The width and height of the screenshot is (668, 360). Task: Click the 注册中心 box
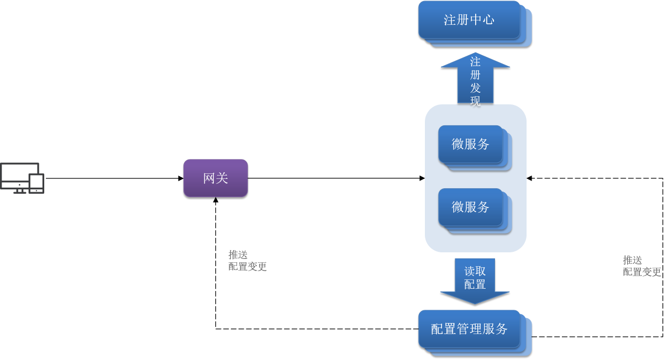[x=469, y=20]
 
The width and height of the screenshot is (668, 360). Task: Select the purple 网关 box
[x=215, y=178]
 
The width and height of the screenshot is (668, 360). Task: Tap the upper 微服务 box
[x=470, y=144]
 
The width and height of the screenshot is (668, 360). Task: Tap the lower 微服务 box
[x=470, y=207]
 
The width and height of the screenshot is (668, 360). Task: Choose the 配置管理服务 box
[x=469, y=329]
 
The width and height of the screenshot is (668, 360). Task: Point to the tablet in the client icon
[x=37, y=183]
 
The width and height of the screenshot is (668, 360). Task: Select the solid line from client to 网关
[x=111, y=178]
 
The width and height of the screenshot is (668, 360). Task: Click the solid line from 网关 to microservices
[x=332, y=178]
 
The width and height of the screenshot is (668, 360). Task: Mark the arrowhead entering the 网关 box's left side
[x=180, y=178]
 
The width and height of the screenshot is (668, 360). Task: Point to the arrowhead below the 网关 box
[x=215, y=201]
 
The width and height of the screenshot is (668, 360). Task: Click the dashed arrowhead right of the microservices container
[x=529, y=178]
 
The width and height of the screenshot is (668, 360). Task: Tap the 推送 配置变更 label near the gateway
[x=247, y=261]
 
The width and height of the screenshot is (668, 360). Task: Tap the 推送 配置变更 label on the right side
[x=641, y=266]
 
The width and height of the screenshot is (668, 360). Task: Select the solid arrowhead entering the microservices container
[x=422, y=178]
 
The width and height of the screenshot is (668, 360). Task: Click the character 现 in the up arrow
[x=475, y=101]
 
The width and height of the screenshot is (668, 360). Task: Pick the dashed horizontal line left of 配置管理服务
[x=315, y=329]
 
